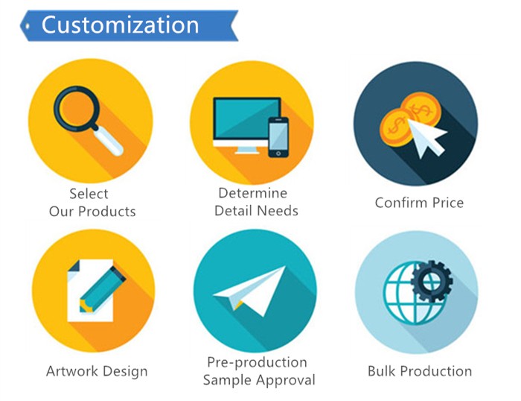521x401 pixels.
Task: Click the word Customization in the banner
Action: [x=120, y=25]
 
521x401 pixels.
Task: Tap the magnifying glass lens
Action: [x=77, y=109]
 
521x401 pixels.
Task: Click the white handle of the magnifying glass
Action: [x=108, y=142]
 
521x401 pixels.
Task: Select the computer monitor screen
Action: [x=246, y=118]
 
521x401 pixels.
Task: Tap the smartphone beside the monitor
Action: [x=278, y=137]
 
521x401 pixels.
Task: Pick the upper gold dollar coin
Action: [x=421, y=109]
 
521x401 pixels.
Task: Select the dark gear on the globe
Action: [x=431, y=281]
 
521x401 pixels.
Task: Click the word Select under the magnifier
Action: [x=89, y=194]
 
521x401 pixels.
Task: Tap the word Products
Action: [x=107, y=212]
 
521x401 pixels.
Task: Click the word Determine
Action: [x=252, y=193]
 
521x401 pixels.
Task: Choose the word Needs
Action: [x=278, y=211]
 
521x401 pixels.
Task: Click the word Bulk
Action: [x=382, y=370]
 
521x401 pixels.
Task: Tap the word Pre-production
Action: [x=257, y=362]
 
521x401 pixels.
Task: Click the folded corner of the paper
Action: [x=74, y=266]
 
